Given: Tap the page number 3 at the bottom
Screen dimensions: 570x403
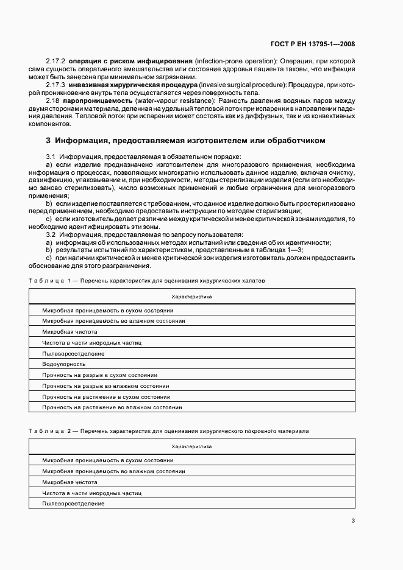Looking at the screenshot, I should click(x=353, y=520).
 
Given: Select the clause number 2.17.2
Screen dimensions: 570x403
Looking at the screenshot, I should click(x=55, y=62).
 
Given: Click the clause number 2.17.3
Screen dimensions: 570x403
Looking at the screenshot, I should click(x=55, y=85).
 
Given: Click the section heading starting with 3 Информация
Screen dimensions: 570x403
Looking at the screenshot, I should click(x=186, y=141).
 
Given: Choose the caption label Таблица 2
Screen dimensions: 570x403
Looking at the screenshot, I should click(x=50, y=431).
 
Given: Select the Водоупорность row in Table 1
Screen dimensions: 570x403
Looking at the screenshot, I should click(x=59, y=364).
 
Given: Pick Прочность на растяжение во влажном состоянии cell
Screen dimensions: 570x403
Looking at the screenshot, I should click(x=112, y=407).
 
